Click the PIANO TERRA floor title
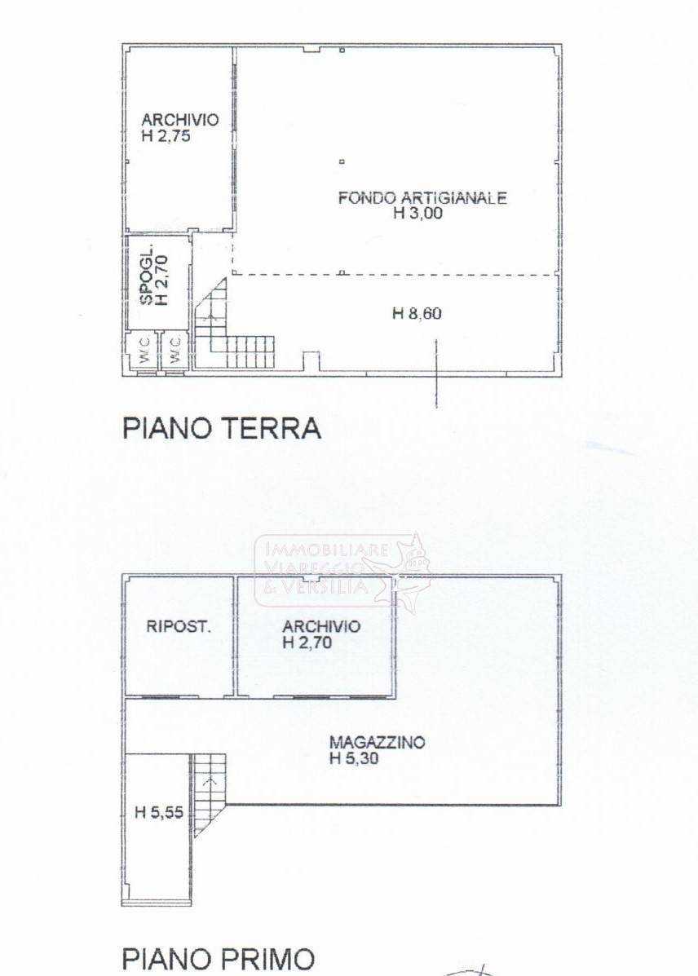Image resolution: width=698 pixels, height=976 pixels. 221,428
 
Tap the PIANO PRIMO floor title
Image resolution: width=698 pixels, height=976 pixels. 218,959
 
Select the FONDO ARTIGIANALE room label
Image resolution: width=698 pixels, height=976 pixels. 422,197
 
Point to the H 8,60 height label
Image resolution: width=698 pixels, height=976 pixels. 417,313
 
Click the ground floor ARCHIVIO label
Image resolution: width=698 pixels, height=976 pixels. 179,120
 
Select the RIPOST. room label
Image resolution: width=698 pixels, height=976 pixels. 179,627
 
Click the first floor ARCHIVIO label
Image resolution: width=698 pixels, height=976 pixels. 320,626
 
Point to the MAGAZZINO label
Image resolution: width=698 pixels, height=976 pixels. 378,743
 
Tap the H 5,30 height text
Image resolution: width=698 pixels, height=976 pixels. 355,758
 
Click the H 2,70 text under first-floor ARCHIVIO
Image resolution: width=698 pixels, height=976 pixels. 307,643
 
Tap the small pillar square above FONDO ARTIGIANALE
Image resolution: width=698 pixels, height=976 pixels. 342,161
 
